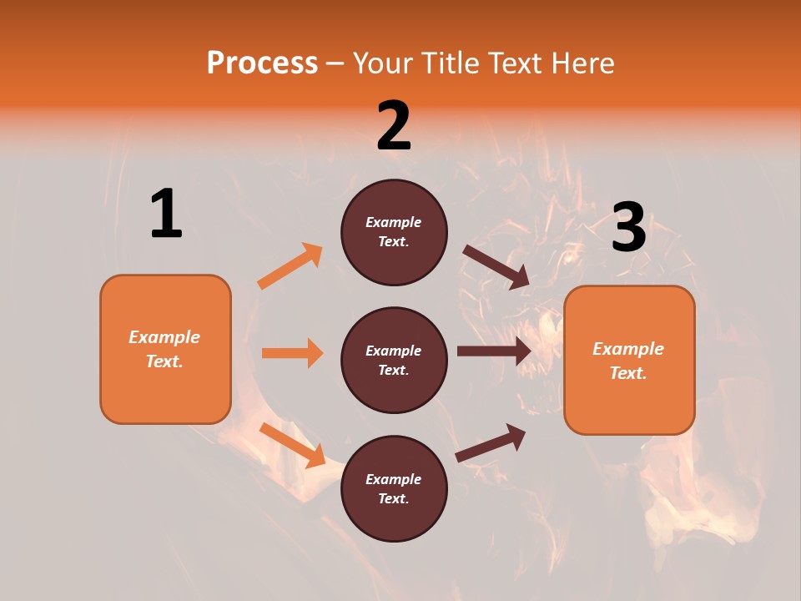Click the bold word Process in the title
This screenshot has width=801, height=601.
point(262,63)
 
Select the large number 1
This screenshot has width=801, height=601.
point(166,215)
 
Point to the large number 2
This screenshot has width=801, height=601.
point(394,126)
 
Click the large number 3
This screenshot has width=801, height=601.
point(628,228)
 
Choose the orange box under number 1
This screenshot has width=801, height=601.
point(165,349)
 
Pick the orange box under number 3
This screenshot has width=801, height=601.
point(629,361)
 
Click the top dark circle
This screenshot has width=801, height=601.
point(394,232)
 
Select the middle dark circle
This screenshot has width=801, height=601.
point(394,360)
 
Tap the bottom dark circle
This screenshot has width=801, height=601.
point(394,488)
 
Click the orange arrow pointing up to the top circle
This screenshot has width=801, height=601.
point(290,266)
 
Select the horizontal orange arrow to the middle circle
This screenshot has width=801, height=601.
point(292,353)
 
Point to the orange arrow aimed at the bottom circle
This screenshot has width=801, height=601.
point(292,444)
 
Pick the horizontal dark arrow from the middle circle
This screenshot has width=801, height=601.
point(494,351)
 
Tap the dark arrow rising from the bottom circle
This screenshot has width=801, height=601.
point(491,443)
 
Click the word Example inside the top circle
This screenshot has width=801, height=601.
point(394,222)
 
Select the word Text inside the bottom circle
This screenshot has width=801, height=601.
point(392,498)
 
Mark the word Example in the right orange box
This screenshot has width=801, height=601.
point(628,349)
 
